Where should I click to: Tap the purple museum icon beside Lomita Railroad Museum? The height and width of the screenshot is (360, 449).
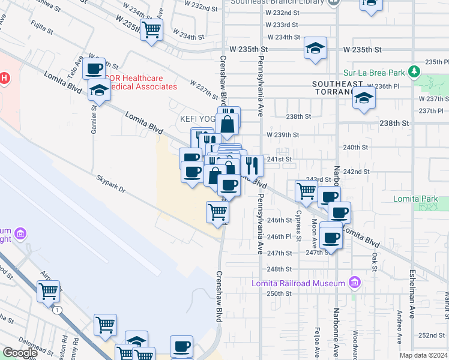(x=354, y=283)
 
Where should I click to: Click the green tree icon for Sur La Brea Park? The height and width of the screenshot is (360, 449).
(x=414, y=72)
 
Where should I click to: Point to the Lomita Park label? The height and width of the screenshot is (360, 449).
(x=420, y=199)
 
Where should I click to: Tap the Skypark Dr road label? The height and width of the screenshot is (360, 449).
(x=112, y=184)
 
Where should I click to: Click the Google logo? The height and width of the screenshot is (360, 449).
(x=20, y=353)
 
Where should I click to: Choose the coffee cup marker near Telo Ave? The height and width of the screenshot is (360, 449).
(x=95, y=69)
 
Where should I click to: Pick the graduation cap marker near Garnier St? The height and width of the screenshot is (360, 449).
(x=99, y=91)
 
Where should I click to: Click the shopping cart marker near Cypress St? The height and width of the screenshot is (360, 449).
(x=306, y=191)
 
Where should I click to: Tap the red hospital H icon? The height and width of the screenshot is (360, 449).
(x=4, y=78)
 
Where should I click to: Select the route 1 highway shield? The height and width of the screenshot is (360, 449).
(x=56, y=310)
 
